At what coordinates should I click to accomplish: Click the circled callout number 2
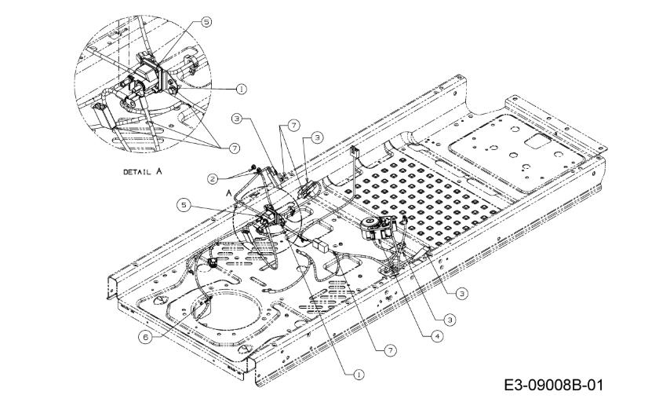213,178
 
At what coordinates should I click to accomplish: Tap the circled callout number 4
438,336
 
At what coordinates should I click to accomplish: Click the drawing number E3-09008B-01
553,385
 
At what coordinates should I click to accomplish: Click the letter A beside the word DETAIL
158,171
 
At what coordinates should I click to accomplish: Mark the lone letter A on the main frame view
228,192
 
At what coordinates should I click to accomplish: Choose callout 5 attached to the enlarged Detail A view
206,22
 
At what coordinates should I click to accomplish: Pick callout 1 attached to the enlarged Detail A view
241,89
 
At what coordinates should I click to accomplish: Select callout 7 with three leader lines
234,148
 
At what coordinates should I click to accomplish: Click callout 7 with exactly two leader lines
293,125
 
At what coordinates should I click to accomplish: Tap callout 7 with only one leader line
391,350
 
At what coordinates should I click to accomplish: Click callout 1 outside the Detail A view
359,375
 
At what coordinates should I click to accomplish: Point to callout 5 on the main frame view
184,205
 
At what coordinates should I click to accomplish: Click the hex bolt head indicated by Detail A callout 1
173,90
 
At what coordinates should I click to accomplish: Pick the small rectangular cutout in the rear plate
537,141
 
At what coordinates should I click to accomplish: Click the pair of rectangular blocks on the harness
321,245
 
